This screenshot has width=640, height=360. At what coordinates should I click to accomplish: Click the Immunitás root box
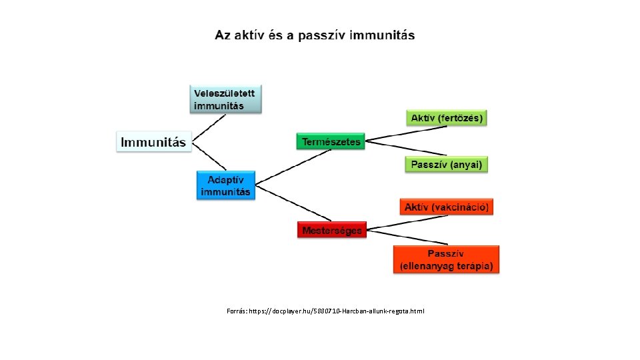pyautogui.click(x=154, y=141)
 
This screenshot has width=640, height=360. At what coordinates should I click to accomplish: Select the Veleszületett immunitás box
pyautogui.click(x=226, y=99)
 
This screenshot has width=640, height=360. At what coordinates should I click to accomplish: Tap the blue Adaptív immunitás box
pyautogui.click(x=226, y=186)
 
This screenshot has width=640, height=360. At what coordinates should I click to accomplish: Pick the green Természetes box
pyautogui.click(x=331, y=141)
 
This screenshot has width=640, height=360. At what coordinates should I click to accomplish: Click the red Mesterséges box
pyautogui.click(x=331, y=231)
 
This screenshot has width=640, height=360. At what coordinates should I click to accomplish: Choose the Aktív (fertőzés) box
pyautogui.click(x=447, y=118)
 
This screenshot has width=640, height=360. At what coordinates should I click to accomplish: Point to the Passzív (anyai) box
pyautogui.click(x=447, y=164)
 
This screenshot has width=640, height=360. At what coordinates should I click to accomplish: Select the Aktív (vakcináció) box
pyautogui.click(x=447, y=207)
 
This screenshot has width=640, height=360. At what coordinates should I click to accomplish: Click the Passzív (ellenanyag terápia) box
pyautogui.click(x=446, y=259)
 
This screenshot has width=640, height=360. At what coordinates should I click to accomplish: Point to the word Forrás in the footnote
pyautogui.click(x=236, y=311)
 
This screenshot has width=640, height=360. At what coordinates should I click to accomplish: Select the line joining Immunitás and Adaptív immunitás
pyautogui.click(x=209, y=159)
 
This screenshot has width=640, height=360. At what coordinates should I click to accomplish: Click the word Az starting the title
pyautogui.click(x=222, y=35)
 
